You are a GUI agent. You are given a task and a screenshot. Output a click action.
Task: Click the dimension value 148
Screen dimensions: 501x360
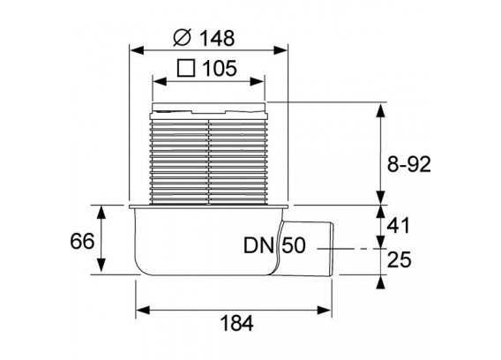pos(217,38)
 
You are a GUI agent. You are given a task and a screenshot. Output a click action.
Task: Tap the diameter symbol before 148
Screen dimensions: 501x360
pos(182,37)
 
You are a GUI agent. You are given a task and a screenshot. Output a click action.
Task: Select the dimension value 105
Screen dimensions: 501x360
pos(220,68)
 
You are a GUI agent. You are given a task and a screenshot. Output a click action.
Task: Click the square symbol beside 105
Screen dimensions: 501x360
pos(186,68)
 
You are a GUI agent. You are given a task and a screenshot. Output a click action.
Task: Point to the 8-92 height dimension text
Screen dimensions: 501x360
pos(409,164)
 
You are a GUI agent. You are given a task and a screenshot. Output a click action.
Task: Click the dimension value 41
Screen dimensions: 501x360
pos(398,226)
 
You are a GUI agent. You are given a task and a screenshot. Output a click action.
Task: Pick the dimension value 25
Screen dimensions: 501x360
pos(399,259)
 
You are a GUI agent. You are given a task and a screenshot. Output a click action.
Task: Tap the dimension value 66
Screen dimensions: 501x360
pos(82,241)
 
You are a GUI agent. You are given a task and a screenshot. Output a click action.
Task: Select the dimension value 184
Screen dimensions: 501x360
pos(236,323)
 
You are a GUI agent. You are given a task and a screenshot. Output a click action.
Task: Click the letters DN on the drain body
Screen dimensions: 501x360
pos(258,245)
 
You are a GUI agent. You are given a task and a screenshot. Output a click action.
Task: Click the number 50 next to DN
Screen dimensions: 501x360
pos(294,245)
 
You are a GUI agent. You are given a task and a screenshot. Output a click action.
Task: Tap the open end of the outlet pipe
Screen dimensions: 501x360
pos(332,250)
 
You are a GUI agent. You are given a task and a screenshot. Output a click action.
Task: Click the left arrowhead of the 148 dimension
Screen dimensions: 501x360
pos(137,50)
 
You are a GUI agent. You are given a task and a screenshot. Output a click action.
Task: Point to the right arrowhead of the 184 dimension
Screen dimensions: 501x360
pos(324,310)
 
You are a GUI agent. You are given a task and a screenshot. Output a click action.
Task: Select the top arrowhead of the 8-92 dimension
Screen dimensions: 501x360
pos(380,110)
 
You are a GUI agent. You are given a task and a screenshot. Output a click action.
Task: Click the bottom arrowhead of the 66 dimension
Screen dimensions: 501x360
pos(101,266)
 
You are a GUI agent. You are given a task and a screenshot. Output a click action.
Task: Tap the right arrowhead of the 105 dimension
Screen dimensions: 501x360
pos(257,81)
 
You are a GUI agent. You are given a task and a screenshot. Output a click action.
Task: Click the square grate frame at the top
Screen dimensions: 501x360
pos(209,108)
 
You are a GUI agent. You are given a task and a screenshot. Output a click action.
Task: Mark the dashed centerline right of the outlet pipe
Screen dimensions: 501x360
pos(351,249)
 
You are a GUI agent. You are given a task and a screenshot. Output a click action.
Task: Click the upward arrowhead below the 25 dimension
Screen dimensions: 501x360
pos(380,282)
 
